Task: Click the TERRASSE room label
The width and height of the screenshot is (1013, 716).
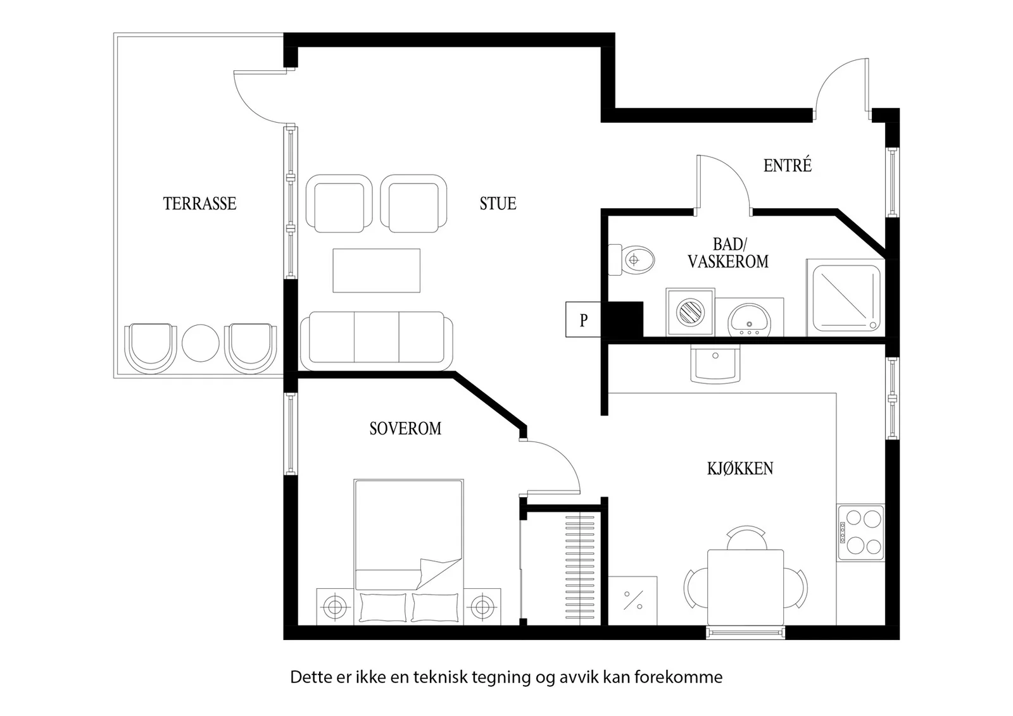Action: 199,203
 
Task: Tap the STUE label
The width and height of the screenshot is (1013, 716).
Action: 498,203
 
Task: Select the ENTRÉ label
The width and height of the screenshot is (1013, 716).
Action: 788,165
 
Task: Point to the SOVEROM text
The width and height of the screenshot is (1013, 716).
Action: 405,428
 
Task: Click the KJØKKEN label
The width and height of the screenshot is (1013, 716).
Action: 740,468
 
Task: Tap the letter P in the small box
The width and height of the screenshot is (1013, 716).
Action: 583,320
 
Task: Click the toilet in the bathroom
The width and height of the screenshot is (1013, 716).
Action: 631,260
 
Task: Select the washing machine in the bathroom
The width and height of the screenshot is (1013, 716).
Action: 690,312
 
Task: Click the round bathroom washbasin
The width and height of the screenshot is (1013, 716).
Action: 749,320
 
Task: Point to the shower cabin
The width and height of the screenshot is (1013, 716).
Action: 846,298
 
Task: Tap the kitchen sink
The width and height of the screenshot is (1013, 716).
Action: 715,364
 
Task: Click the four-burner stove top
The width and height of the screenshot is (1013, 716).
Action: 860,533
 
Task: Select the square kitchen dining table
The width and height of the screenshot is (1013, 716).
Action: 745,587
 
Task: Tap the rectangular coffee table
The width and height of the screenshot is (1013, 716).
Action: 376,270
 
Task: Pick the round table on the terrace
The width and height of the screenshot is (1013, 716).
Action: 200,343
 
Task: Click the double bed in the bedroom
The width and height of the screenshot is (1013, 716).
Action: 408,552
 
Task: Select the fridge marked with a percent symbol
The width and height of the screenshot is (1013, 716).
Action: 632,600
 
